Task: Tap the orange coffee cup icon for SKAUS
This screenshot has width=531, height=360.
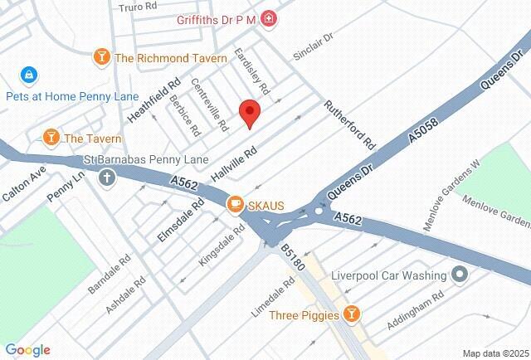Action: pyautogui.click(x=236, y=203)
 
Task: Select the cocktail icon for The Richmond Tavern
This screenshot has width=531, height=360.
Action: pyautogui.click(x=102, y=58)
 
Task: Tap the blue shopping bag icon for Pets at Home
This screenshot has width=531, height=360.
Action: pyautogui.click(x=30, y=75)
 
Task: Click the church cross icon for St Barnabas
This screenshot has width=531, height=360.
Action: pyautogui.click(x=106, y=177)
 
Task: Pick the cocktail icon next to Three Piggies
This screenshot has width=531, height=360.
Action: pyautogui.click(x=353, y=314)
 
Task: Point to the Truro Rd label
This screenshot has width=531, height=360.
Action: pyautogui.click(x=138, y=7)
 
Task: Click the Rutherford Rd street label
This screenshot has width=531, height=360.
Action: pyautogui.click(x=350, y=124)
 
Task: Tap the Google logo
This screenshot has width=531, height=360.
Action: pyautogui.click(x=27, y=350)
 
